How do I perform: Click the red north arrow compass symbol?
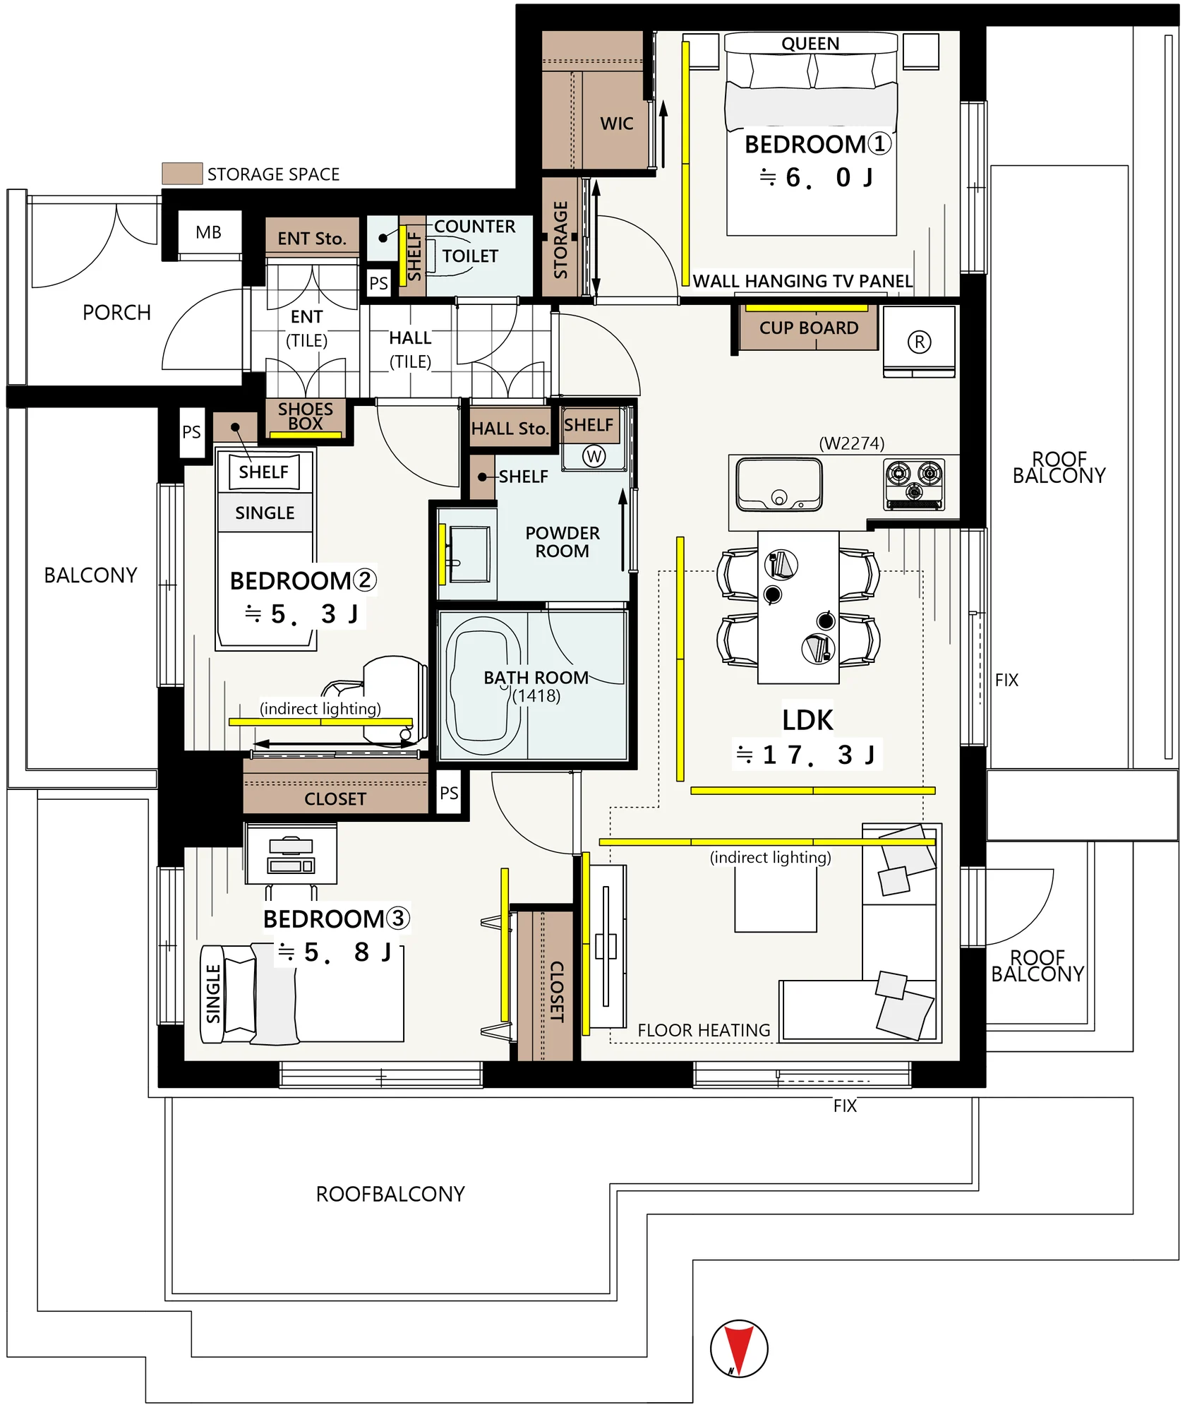point(738,1348)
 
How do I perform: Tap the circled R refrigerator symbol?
point(919,342)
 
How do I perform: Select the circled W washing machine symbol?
point(594,456)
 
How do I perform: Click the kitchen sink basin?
point(778,484)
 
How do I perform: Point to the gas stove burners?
point(914,484)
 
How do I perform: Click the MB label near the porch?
point(208,232)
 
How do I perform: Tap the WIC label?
point(616,124)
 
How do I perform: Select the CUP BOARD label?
point(809,328)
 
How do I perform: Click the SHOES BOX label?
point(306,416)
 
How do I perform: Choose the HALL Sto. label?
point(510,429)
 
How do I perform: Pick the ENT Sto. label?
point(311,239)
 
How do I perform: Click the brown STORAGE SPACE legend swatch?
point(182,174)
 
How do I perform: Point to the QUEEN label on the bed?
point(810,44)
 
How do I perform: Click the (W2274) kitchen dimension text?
point(851,443)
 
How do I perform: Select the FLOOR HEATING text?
point(704,1031)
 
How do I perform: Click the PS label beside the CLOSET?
point(449,793)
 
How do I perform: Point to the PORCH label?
point(116,313)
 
